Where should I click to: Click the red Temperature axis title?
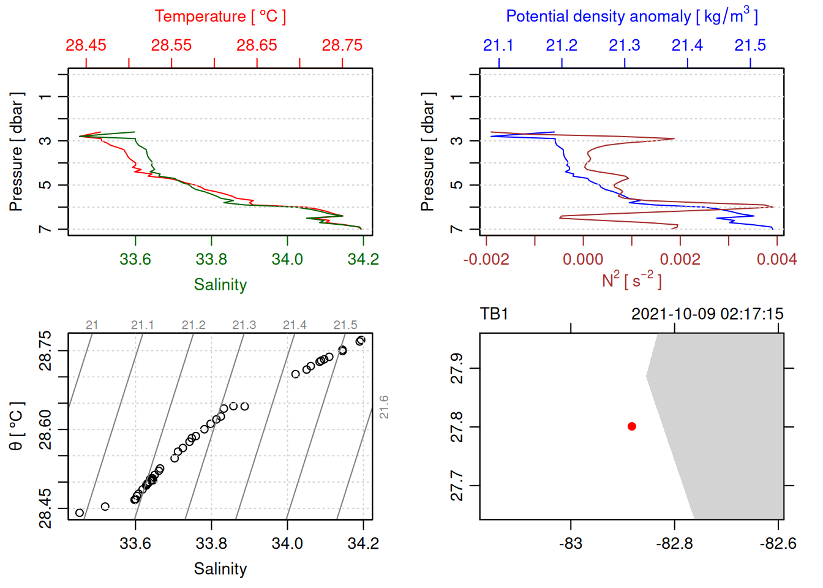(x=220, y=17)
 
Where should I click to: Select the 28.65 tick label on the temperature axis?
(x=257, y=45)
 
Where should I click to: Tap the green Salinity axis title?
(x=220, y=285)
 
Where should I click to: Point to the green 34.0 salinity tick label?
(x=287, y=259)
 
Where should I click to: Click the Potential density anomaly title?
(x=631, y=17)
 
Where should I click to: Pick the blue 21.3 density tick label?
(x=625, y=45)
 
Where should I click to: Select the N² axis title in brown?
(x=631, y=281)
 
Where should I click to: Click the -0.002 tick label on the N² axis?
(x=486, y=259)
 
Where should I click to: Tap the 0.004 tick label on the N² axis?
(x=776, y=259)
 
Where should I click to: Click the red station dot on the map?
(x=632, y=426)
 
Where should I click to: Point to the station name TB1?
(x=494, y=314)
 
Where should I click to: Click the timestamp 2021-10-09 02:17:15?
(x=707, y=314)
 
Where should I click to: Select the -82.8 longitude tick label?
(x=674, y=543)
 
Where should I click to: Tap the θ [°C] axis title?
(x=17, y=426)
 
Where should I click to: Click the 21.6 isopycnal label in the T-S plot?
(x=384, y=407)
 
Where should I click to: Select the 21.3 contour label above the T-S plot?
(x=244, y=325)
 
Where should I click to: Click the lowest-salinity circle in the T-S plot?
(x=80, y=513)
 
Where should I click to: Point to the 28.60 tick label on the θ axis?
(x=46, y=429)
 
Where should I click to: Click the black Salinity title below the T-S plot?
(x=220, y=569)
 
